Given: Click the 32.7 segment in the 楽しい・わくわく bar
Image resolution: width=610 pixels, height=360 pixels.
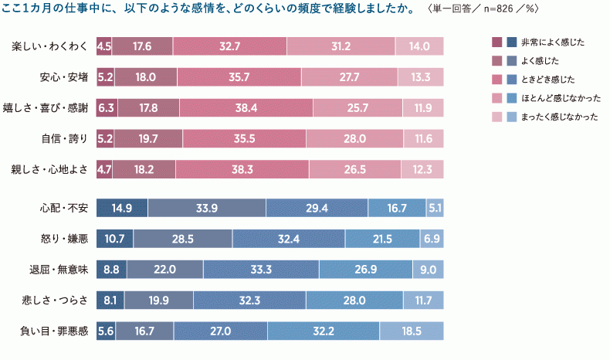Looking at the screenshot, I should point(229,46).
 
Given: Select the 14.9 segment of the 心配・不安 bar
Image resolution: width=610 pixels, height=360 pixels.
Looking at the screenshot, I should point(122,208).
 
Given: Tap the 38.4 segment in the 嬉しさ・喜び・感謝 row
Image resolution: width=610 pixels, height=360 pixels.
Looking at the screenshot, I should point(245,107).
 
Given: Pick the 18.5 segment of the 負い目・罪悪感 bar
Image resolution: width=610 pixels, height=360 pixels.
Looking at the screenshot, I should point(412,331).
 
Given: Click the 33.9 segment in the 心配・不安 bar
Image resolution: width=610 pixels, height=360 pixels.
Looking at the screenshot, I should point(206,208).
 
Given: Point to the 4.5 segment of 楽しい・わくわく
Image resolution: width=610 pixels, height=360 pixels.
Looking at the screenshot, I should point(104,46).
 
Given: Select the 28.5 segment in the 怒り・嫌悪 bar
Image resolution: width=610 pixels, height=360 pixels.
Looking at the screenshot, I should point(183,239).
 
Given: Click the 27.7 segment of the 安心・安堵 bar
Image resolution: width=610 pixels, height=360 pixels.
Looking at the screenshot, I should point(349,77).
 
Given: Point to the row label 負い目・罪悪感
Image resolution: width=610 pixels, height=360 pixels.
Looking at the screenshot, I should point(55,331).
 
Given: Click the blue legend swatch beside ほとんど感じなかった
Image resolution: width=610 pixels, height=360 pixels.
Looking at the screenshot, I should point(510,98).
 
